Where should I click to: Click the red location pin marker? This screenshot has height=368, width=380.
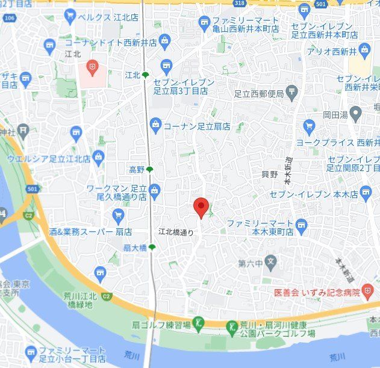click(201, 207)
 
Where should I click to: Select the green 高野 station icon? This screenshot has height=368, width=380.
click(150, 170)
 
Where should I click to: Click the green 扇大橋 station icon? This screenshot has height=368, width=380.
click(152, 247)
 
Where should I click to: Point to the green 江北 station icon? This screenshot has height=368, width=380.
click(145, 75)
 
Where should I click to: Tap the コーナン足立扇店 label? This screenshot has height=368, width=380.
click(197, 126)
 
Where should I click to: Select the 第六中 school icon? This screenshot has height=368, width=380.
click(271, 263)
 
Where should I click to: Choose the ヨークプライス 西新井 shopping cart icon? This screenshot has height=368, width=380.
click(310, 126)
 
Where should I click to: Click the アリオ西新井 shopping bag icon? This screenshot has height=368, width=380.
click(364, 50)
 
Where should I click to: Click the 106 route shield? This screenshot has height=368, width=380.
click(9, 18)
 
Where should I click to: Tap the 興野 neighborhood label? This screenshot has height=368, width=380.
click(270, 174)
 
